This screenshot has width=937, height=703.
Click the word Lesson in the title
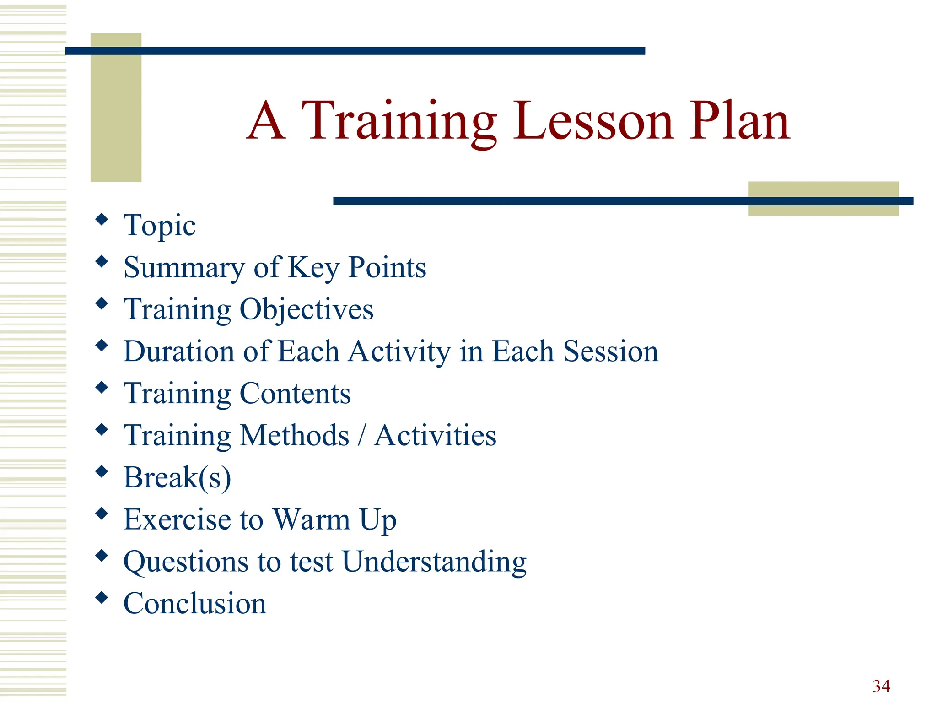(x=593, y=121)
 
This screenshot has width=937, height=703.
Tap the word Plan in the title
(x=740, y=121)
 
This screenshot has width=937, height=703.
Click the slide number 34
(x=881, y=686)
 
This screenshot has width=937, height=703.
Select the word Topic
(x=159, y=226)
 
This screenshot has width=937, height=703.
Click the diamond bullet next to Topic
(x=102, y=219)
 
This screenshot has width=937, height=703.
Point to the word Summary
(x=184, y=268)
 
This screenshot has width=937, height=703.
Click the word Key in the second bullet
(x=313, y=268)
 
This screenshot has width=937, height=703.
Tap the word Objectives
(x=306, y=310)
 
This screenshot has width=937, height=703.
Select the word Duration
(x=179, y=351)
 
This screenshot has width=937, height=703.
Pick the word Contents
(x=295, y=394)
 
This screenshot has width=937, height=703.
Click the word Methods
(x=294, y=435)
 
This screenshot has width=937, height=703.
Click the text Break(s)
(x=177, y=478)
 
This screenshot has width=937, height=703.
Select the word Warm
(x=312, y=520)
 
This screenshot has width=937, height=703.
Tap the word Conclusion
(x=194, y=604)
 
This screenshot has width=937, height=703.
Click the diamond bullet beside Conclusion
(x=102, y=597)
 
